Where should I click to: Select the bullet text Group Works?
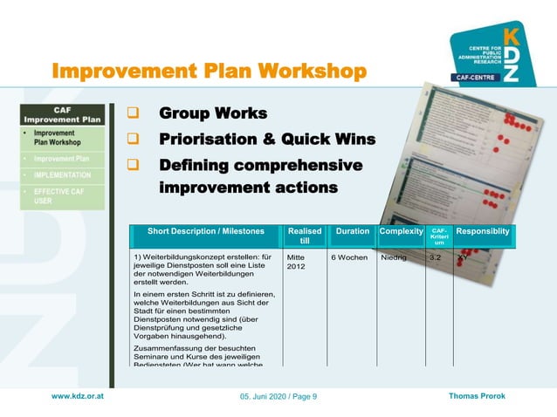click(x=212, y=114)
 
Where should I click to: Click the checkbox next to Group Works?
click(x=134, y=114)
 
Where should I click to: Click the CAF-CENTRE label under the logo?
click(x=477, y=78)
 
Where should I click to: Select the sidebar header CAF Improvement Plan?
click(x=63, y=114)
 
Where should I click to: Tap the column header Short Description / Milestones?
click(x=205, y=231)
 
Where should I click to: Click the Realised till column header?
click(x=305, y=236)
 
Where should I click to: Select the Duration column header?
click(x=352, y=231)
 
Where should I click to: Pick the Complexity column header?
click(x=401, y=231)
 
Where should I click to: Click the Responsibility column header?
click(x=483, y=231)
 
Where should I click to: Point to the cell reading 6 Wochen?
click(x=349, y=258)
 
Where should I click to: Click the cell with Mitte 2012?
click(x=296, y=263)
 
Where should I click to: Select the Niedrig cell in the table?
click(x=394, y=258)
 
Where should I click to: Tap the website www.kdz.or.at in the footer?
click(x=79, y=397)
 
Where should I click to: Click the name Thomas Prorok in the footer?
click(x=477, y=396)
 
